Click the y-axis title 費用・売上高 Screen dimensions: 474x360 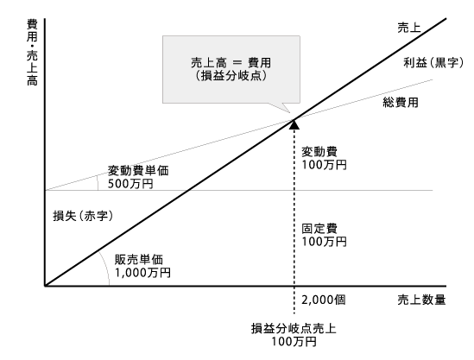click(x=32, y=53)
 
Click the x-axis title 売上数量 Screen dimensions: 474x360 click(x=421, y=300)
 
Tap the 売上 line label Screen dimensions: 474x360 click(x=409, y=28)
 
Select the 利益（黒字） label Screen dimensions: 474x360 click(x=433, y=63)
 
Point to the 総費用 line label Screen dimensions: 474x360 click(x=401, y=103)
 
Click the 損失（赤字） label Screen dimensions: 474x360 click(x=83, y=216)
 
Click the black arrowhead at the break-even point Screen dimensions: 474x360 click(x=294, y=124)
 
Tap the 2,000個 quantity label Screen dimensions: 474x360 click(x=324, y=300)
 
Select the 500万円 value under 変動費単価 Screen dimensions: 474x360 click(x=130, y=184)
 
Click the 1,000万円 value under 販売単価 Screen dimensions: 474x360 click(x=142, y=273)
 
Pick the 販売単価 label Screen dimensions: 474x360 click(x=139, y=260)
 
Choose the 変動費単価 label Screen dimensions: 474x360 click(x=138, y=171)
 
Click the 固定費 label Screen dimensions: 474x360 click(x=319, y=229)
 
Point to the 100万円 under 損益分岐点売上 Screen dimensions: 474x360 click(x=294, y=342)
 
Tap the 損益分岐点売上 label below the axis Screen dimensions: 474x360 click(x=294, y=329)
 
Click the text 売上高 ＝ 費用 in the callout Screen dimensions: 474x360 click(x=231, y=62)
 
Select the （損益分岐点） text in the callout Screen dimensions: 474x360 click(x=231, y=76)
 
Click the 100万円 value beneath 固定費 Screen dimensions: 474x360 click(x=324, y=242)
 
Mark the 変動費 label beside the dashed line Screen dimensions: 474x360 click(x=319, y=152)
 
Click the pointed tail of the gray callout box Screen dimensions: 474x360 click(x=290, y=112)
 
